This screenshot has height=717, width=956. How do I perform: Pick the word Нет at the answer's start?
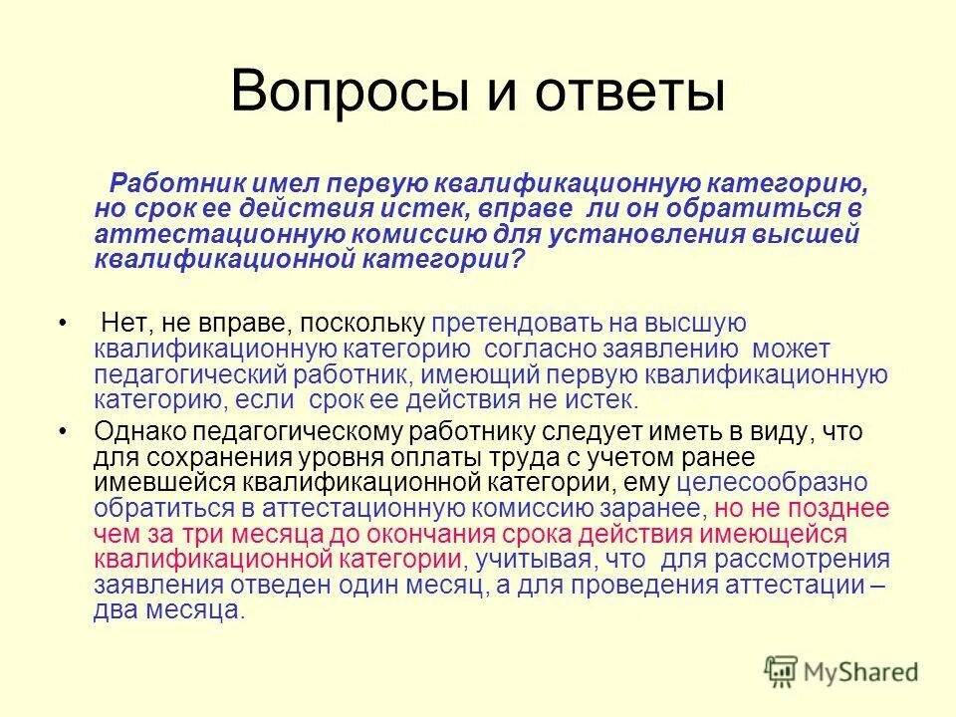click(120, 325)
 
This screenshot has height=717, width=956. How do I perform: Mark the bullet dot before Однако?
click(62, 432)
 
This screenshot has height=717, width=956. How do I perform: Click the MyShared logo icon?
click(781, 671)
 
